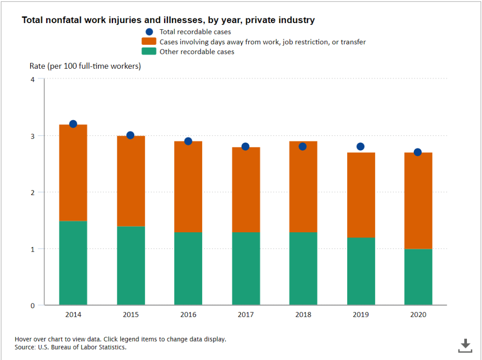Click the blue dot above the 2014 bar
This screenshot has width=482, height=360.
click(x=73, y=124)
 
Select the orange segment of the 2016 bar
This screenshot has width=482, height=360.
click(x=188, y=187)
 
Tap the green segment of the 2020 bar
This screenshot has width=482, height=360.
click(x=418, y=277)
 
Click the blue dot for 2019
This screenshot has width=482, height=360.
click(x=360, y=147)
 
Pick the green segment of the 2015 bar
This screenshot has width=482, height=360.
click(x=131, y=265)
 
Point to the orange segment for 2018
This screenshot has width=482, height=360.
click(x=303, y=187)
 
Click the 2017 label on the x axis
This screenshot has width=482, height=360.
click(x=245, y=315)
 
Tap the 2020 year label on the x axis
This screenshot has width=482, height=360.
click(x=418, y=315)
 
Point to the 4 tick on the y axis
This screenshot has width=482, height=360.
click(x=33, y=79)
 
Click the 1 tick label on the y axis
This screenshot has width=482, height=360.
click(x=33, y=249)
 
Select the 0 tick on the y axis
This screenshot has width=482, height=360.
click(x=33, y=305)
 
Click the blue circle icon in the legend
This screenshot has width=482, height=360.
click(x=149, y=32)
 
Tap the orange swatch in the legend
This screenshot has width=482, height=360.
click(x=149, y=42)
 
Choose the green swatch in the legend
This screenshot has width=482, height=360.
click(x=149, y=52)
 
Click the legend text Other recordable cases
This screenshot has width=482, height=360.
click(x=197, y=52)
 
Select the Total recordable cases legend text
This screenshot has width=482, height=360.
click(x=195, y=32)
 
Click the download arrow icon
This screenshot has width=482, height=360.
click(x=465, y=345)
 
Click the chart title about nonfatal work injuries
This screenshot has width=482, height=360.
click(x=168, y=20)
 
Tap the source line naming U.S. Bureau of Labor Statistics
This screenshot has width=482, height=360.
click(x=71, y=347)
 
